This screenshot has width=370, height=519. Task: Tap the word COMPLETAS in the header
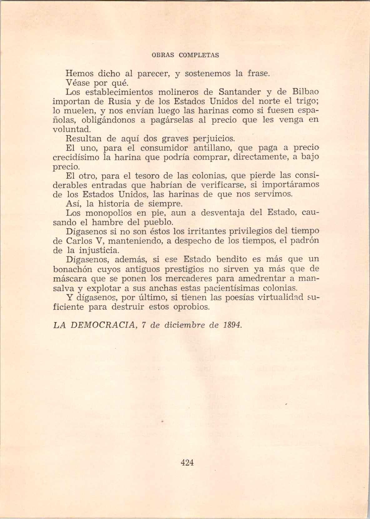pos(199,55)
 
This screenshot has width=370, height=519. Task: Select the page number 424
pos(187,462)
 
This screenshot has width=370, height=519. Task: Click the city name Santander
pos(239,92)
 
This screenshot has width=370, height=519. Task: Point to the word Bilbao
pos(306,92)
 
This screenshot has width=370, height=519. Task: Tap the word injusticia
pos(99,250)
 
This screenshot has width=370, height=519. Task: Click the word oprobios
pos(191,307)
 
